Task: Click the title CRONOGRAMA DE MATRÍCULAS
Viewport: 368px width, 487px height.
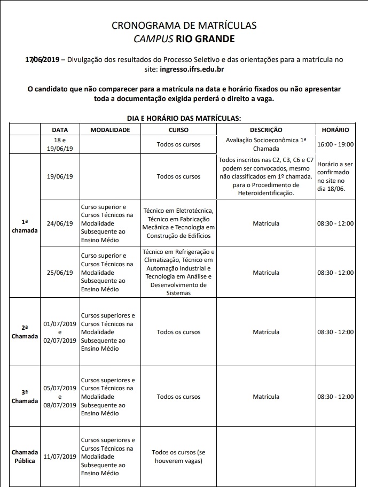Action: [x=184, y=25]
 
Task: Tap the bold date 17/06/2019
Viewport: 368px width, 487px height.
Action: [x=42, y=59]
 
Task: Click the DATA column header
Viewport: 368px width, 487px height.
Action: [x=60, y=130]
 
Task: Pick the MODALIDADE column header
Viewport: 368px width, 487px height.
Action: [x=110, y=130]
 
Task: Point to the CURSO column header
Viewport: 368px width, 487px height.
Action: [x=178, y=130]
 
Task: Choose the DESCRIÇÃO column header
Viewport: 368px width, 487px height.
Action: [x=265, y=130]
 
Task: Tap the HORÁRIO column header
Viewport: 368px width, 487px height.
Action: [x=335, y=130]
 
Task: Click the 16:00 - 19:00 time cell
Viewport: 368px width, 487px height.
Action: [x=335, y=145]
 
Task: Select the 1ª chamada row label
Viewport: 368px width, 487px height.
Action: [x=25, y=226]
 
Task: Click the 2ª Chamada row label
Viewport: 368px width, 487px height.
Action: [x=25, y=332]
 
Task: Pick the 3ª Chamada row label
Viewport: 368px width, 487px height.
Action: [x=25, y=397]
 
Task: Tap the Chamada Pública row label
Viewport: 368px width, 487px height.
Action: [x=25, y=457]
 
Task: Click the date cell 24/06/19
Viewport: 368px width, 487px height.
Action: [x=60, y=223]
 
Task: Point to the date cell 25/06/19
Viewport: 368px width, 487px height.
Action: [x=60, y=272]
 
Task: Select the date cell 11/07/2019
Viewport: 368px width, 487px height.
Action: [x=60, y=457]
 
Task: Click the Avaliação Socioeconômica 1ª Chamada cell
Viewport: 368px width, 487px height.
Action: [x=265, y=144]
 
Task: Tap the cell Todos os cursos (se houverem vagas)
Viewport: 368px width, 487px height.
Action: [x=178, y=457]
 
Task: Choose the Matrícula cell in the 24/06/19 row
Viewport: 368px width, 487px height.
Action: [x=265, y=223]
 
